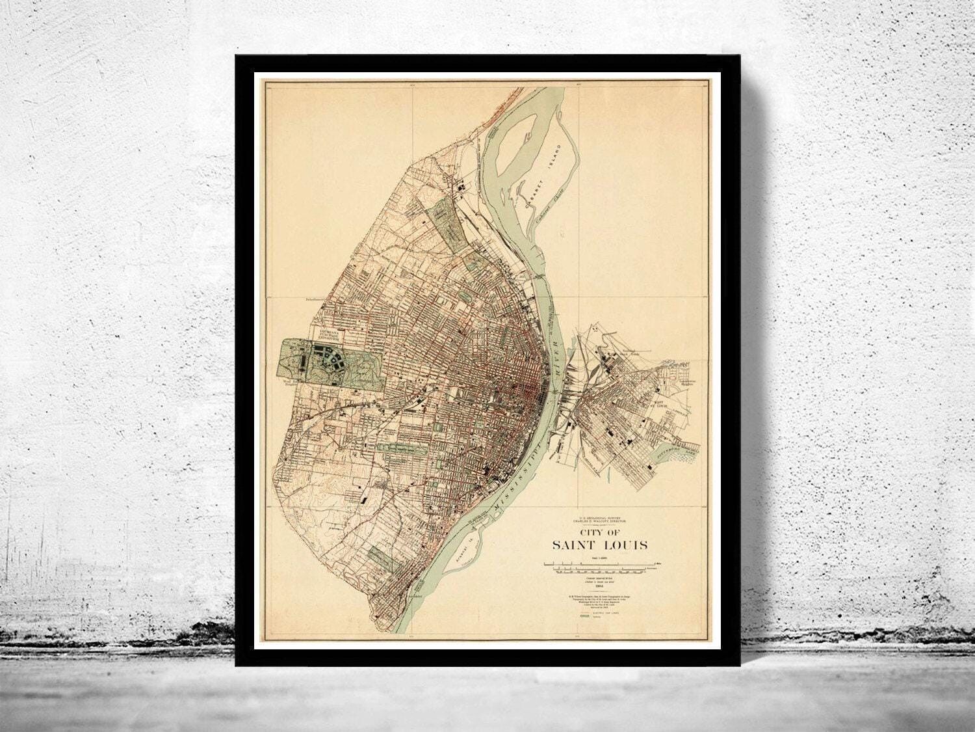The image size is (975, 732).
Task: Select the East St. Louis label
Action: click(x=661, y=407)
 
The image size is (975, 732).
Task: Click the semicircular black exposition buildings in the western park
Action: click(x=324, y=357)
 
